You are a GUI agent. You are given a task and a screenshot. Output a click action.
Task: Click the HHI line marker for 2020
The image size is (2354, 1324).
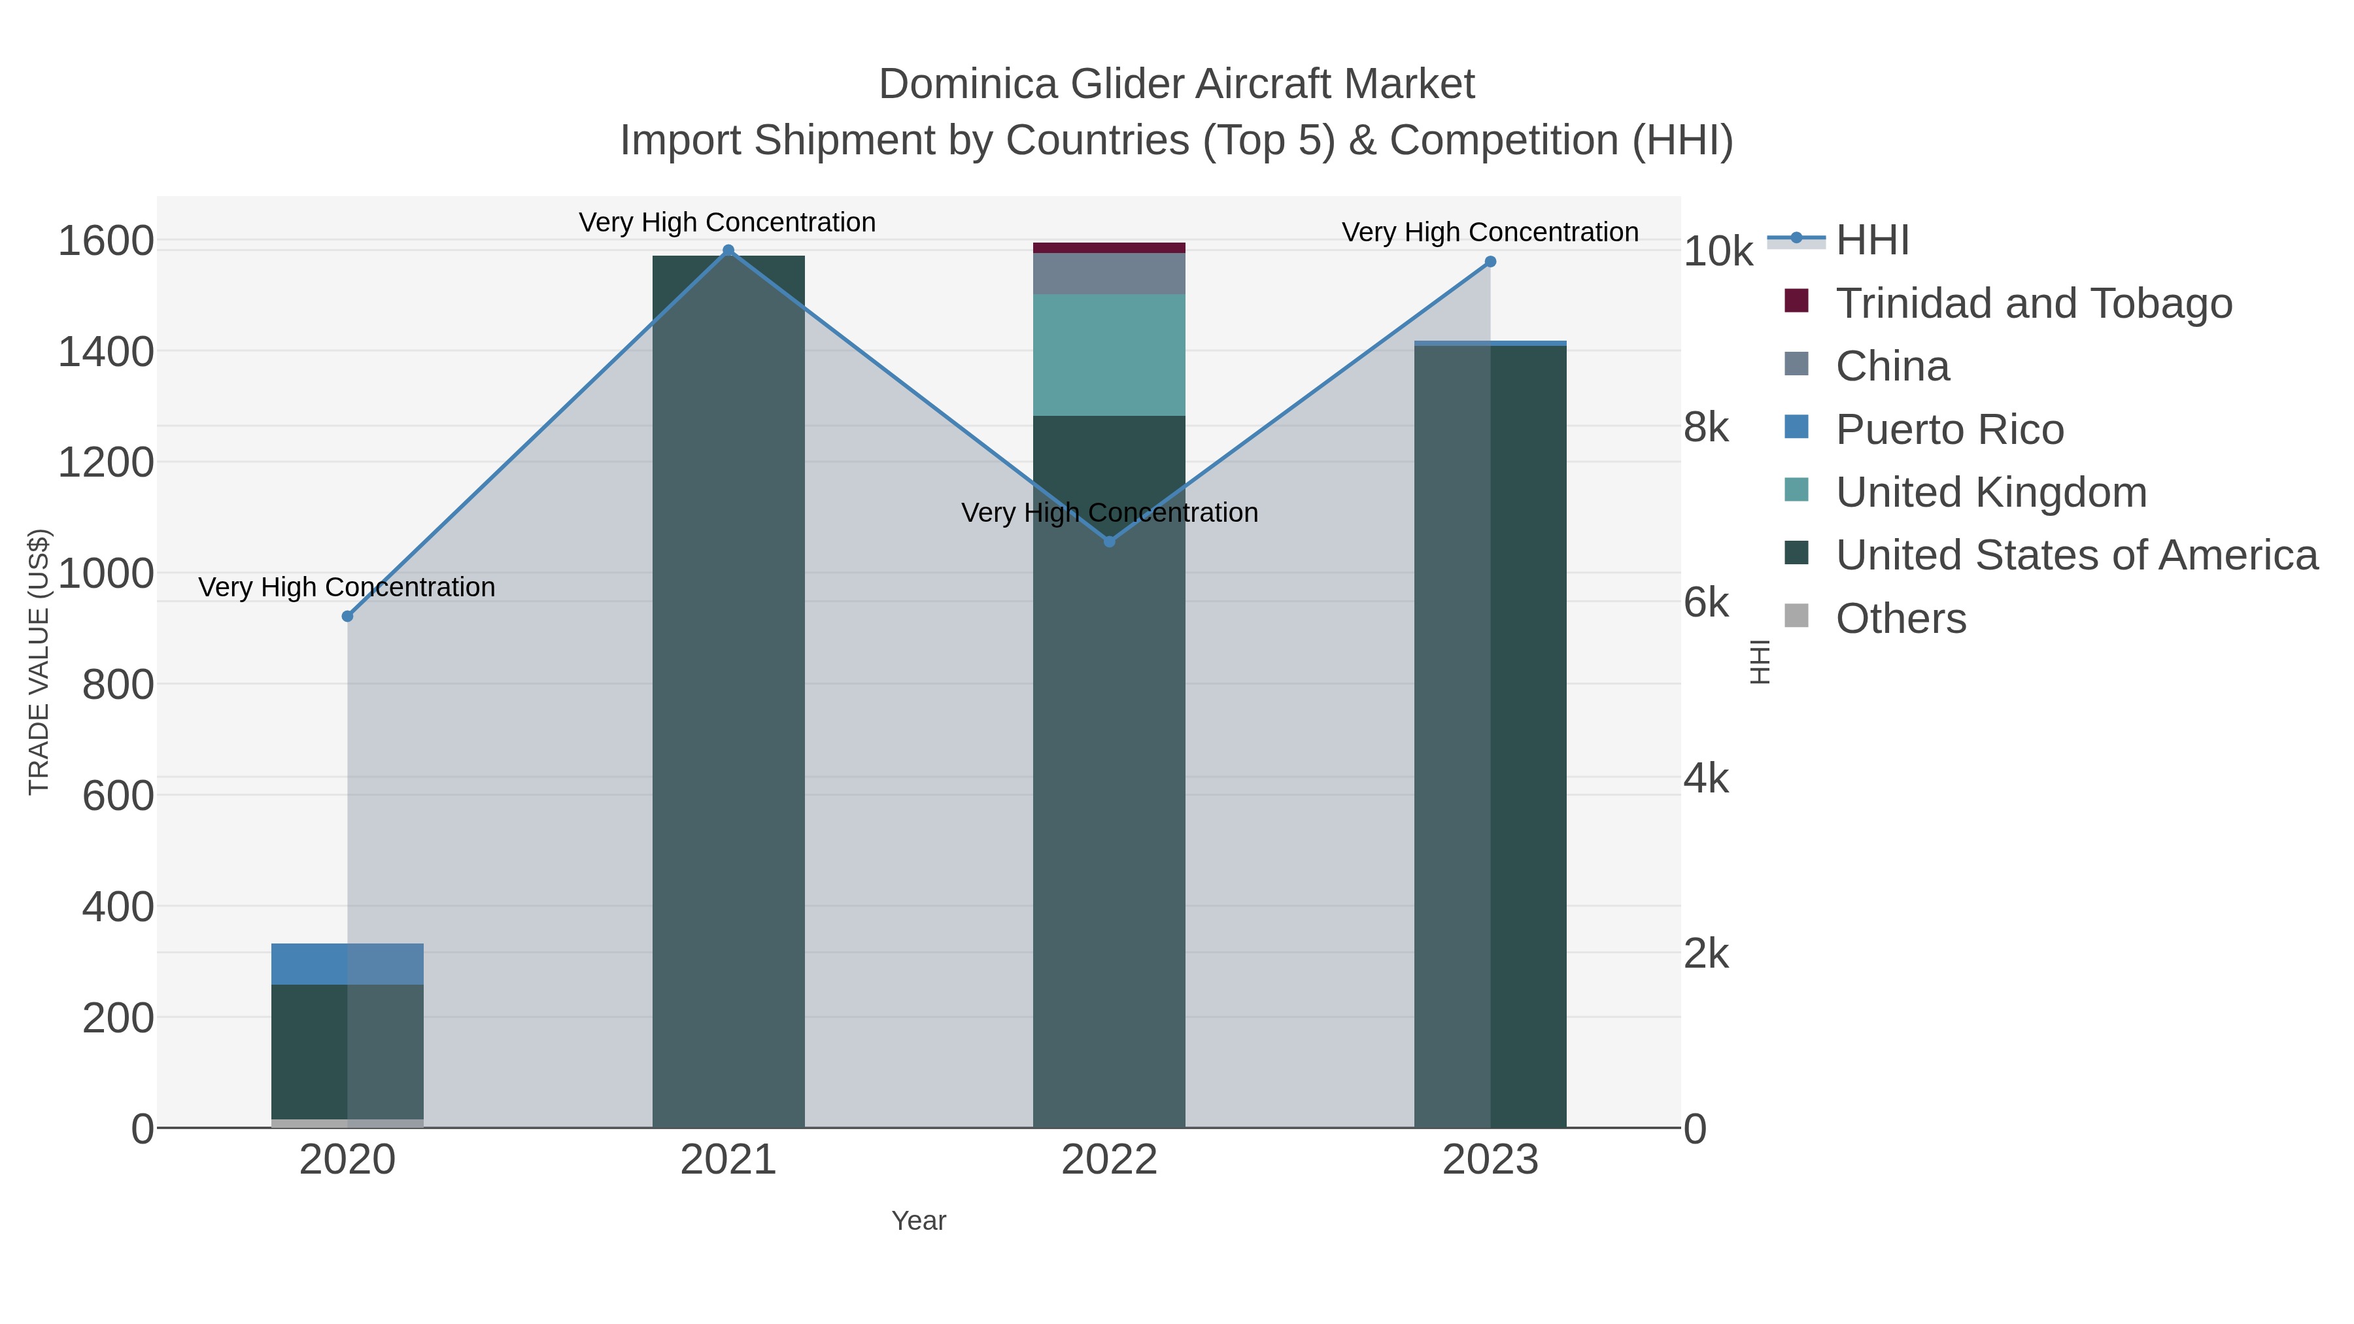pyautogui.click(x=347, y=617)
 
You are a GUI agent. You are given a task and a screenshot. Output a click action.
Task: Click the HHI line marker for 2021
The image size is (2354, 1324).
pyautogui.click(x=728, y=250)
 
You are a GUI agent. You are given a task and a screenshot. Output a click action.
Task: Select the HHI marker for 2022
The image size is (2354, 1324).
pyautogui.click(x=1110, y=542)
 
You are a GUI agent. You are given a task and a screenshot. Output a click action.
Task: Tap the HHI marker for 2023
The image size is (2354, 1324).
pyautogui.click(x=1490, y=262)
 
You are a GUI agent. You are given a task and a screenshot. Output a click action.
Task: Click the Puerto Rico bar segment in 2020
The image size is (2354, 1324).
pyautogui.click(x=347, y=964)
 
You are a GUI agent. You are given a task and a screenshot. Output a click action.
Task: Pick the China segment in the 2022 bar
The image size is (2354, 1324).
pyautogui.click(x=1110, y=273)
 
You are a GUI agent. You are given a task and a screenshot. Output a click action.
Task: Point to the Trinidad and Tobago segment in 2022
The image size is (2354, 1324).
pyautogui.click(x=1110, y=248)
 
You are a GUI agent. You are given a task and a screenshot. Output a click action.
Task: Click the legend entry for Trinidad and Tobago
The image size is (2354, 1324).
pyautogui.click(x=2033, y=303)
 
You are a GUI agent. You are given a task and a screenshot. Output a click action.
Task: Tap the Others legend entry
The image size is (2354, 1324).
pyautogui.click(x=1901, y=619)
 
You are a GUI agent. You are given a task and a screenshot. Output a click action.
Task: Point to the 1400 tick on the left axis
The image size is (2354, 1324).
pyautogui.click(x=106, y=352)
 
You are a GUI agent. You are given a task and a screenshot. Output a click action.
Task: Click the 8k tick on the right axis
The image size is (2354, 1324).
pyautogui.click(x=1705, y=428)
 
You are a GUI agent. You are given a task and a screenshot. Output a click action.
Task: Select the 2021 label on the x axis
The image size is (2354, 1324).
pyautogui.click(x=728, y=1161)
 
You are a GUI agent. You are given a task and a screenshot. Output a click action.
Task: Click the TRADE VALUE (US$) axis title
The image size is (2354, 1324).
pyautogui.click(x=39, y=662)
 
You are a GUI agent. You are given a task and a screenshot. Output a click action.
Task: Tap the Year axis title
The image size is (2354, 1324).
pyautogui.click(x=919, y=1221)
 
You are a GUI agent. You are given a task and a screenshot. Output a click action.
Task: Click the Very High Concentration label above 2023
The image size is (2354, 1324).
pyautogui.click(x=1490, y=232)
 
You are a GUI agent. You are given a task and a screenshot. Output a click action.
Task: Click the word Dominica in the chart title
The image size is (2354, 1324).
pyautogui.click(x=968, y=84)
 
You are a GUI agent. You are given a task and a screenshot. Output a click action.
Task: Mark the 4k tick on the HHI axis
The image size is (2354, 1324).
pyautogui.click(x=1705, y=779)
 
